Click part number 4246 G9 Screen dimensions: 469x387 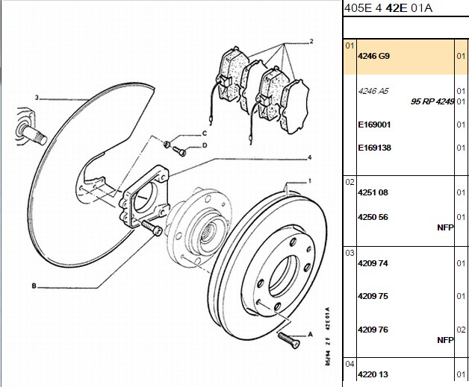[x=373, y=56]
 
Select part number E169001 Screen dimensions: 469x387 [x=374, y=125]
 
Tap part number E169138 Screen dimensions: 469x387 [x=374, y=148]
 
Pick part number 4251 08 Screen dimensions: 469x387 [x=373, y=192]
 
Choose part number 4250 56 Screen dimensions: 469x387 [x=373, y=217]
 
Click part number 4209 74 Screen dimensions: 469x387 [x=373, y=263]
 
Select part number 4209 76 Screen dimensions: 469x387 [x=373, y=330]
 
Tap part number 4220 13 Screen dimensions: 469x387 [x=373, y=374]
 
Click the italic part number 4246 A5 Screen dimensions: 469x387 [x=373, y=91]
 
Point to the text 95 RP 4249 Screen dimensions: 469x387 [x=432, y=101]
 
